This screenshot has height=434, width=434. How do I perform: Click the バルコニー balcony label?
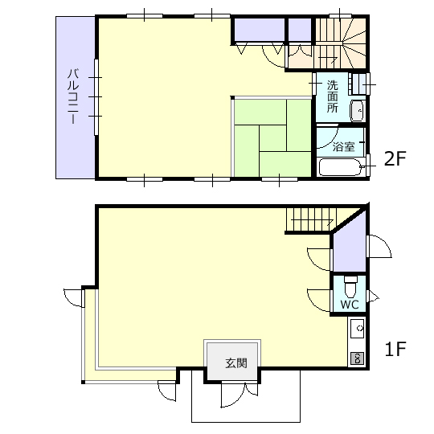pos(73,96)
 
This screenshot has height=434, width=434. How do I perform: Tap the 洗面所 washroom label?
pos(333,96)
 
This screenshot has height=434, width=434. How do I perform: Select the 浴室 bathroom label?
pos(343,146)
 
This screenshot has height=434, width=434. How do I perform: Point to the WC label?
pos(350,305)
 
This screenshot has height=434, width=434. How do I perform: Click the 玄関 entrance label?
pos(236,362)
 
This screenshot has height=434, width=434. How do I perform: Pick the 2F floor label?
pos(395,158)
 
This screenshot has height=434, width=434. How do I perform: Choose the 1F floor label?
pos(395,349)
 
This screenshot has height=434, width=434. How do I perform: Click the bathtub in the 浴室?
pos(341,167)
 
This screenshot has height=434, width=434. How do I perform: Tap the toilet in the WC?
pos(350,287)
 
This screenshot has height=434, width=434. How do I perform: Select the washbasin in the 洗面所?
pos(357,111)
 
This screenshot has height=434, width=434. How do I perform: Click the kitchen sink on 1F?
pos(358,329)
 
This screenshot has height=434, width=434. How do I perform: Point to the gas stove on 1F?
pos(358,358)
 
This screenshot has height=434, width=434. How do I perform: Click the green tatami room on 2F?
pos(273,138)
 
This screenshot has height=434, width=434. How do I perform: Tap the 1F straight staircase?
pos(311,219)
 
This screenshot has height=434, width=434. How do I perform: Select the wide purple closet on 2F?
pos(260,30)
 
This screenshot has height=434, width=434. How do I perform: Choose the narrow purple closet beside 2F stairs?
pos(300,30)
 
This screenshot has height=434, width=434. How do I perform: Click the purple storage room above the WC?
pos(350,244)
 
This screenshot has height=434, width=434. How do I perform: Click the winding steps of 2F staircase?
pos(355,43)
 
